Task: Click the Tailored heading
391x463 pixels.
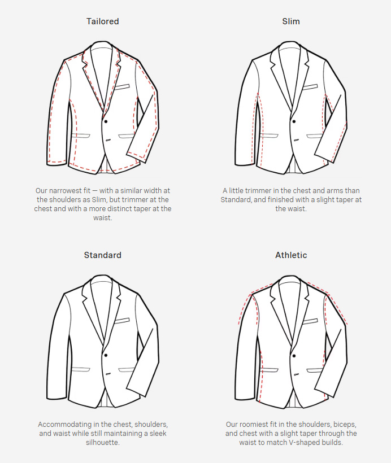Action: (x=102, y=21)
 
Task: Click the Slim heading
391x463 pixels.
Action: (x=291, y=21)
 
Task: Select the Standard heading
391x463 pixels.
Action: (x=102, y=255)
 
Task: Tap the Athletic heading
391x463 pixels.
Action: (x=291, y=255)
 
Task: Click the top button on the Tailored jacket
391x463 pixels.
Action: (x=106, y=121)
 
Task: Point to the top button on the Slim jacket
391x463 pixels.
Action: (x=294, y=121)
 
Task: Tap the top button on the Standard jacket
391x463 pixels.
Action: (x=106, y=355)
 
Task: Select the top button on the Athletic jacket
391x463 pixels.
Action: (x=294, y=355)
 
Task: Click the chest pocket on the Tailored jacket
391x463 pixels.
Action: (x=121, y=87)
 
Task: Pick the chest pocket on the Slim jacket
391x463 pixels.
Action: (x=310, y=87)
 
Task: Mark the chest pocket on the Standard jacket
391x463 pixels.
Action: (x=121, y=321)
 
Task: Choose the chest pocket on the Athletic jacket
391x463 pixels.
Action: (x=310, y=321)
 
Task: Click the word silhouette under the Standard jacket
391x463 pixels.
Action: (x=102, y=443)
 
